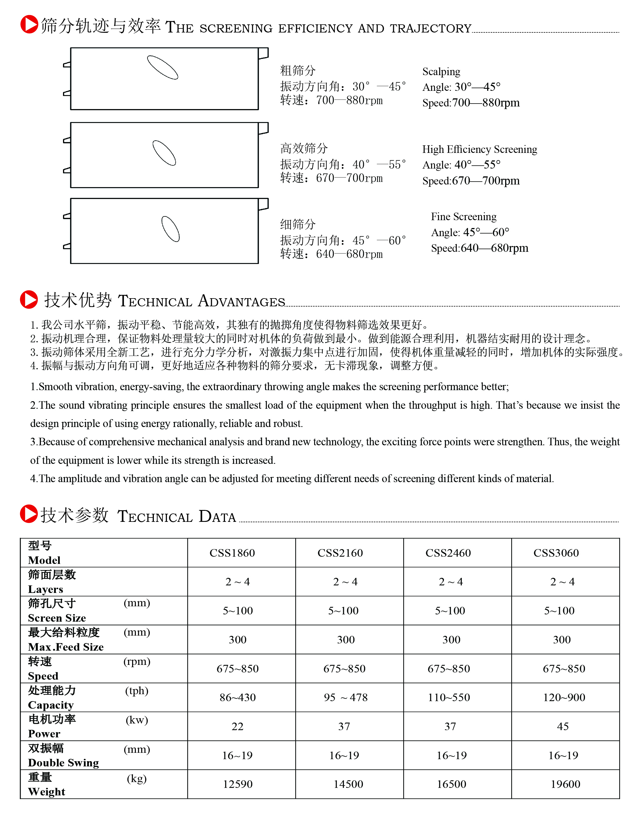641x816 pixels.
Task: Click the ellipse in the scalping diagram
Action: pyautogui.click(x=163, y=68)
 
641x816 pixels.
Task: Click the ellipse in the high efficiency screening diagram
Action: pyautogui.click(x=164, y=153)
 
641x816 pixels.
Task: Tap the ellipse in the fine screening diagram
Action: pyautogui.click(x=170, y=229)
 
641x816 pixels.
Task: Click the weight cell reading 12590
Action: pyautogui.click(x=237, y=784)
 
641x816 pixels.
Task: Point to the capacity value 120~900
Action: pyautogui.click(x=564, y=697)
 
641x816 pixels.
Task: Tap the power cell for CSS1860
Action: pyautogui.click(x=237, y=726)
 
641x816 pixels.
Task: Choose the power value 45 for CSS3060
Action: pyautogui.click(x=563, y=726)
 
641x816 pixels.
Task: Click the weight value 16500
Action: pyautogui.click(x=451, y=784)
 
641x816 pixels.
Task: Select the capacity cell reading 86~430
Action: pyautogui.click(x=237, y=697)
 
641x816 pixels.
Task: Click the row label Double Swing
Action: pyautogui.click(x=63, y=763)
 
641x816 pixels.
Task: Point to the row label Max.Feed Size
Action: pyautogui.click(x=66, y=647)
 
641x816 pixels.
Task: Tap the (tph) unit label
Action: pyautogui.click(x=137, y=691)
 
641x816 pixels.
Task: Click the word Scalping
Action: pyautogui.click(x=441, y=72)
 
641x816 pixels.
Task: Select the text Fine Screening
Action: pyautogui.click(x=464, y=217)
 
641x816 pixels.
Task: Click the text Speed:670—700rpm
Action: pyautogui.click(x=471, y=181)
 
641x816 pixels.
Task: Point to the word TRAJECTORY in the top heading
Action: pyautogui.click(x=431, y=28)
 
